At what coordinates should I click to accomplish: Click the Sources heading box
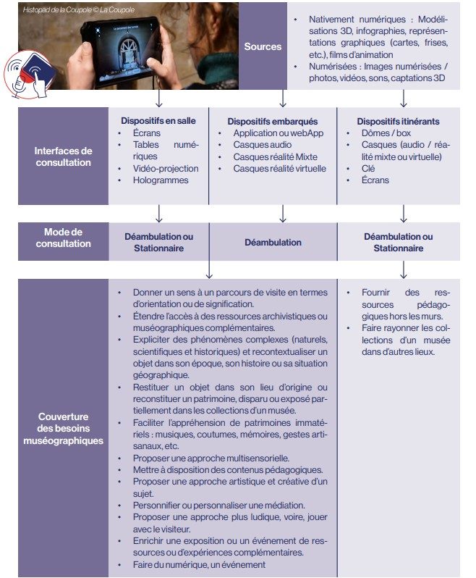[x=263, y=47]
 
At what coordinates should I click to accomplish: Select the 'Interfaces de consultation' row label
[x=64, y=156]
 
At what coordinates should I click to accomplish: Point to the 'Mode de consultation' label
[x=64, y=238]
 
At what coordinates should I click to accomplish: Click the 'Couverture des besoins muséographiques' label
[x=64, y=428]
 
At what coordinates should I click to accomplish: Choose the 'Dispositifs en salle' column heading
[x=158, y=121]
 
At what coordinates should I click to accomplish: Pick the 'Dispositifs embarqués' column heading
[x=273, y=122]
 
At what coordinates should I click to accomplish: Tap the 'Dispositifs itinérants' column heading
[x=399, y=121]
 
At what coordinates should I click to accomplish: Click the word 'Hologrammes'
[x=161, y=180]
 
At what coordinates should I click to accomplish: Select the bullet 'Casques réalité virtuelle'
[x=279, y=169]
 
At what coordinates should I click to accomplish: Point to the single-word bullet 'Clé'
[x=370, y=169]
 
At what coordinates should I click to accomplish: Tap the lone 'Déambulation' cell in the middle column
[x=273, y=243]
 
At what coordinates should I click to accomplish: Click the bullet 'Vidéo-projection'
[x=166, y=169]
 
